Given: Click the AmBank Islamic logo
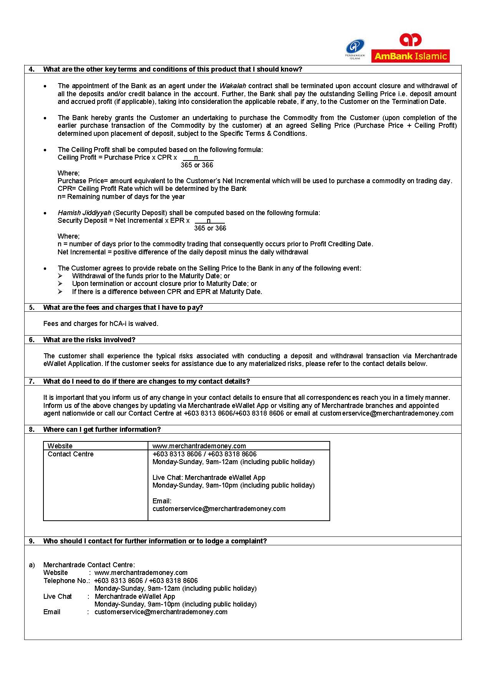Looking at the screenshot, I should pos(410,48).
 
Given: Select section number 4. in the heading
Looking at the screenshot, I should pos(32,69).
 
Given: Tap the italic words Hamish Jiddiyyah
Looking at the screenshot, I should pos(84,213).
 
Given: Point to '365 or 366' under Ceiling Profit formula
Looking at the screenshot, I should pos(197,165).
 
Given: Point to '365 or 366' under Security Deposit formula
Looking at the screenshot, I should pos(210,228).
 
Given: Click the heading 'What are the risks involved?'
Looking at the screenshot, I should pos(89,340).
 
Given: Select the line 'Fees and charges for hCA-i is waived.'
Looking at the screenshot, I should pos(101,324).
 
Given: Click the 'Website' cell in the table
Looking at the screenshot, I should pos(60,446).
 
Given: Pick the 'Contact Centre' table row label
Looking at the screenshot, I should pos(70,454).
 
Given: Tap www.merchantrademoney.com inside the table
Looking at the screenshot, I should pos(199,446).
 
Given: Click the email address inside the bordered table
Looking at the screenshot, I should pos(219,509).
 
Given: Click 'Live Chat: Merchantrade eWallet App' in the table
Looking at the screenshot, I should pos(209,478).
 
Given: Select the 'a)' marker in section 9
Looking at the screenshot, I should pos(32,565).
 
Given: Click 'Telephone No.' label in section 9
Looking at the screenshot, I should pos(66,581).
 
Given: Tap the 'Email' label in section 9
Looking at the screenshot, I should pos(52,612).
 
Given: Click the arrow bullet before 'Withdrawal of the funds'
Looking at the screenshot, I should pos(60,276).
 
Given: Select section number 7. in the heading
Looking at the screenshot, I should pos(32,381).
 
